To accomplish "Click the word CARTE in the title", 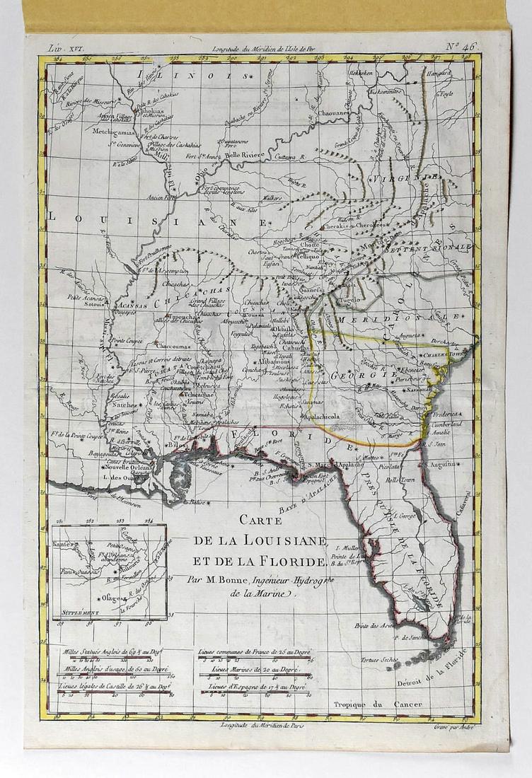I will (x=260, y=520).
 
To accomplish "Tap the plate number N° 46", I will (x=461, y=47).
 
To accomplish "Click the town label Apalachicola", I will (x=323, y=417).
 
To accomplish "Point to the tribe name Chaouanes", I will (x=332, y=112).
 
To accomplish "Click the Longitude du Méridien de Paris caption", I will (x=261, y=726).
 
